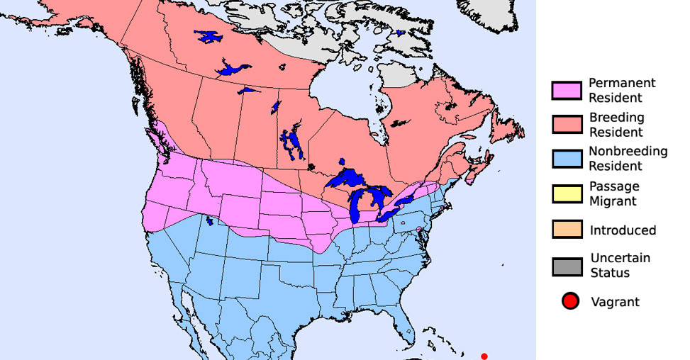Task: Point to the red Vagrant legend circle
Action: pos(569,302)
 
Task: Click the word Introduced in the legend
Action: pos(623,230)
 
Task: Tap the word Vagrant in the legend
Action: pos(615,302)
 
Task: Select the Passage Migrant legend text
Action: pos(614,193)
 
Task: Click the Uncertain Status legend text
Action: pos(620,265)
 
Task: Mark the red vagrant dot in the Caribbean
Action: pos(484,356)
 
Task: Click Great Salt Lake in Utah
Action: pos(209,221)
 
